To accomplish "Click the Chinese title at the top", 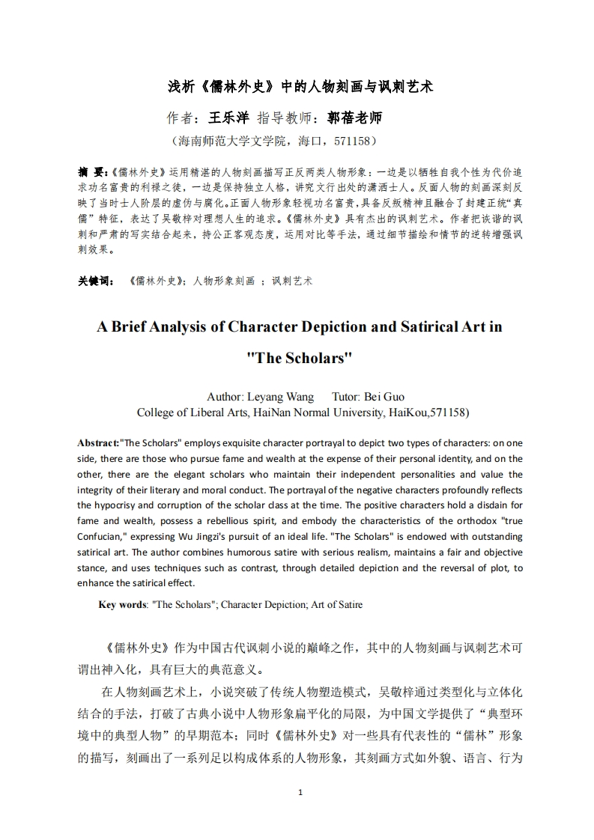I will pos(300,86).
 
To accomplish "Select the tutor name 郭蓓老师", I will pos(354,118).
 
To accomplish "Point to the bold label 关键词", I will pos(95,281).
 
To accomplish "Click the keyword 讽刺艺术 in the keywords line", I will pos(292,281).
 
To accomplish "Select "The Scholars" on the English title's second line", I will pos(299,358).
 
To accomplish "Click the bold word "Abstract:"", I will pos(98,442).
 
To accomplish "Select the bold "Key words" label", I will pos(122,605).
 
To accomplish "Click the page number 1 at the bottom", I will pos(300,792).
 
